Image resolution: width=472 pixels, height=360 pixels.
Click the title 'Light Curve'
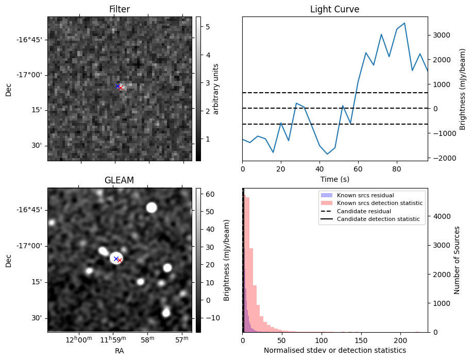point(334,9)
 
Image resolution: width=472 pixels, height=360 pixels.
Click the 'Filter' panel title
point(120,9)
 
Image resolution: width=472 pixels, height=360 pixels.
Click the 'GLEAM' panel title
point(120,180)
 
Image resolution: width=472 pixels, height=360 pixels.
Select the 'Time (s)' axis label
point(335,178)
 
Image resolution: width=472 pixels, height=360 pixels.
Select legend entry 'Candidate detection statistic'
point(378,219)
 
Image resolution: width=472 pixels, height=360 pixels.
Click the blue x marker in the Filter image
point(117,86)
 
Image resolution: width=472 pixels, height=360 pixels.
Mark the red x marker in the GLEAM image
point(120,261)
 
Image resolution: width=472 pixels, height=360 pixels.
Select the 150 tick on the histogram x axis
point(361,341)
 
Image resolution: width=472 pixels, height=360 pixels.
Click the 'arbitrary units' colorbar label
point(216,89)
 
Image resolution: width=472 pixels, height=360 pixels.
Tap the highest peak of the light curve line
point(404,23)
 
